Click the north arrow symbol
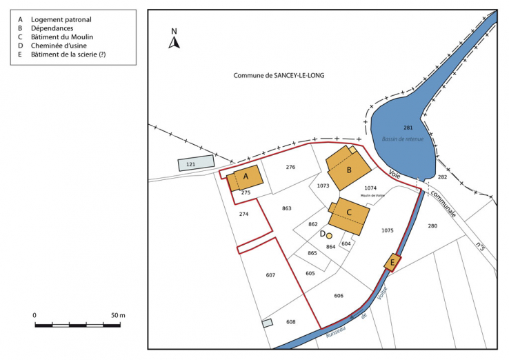click(174, 41)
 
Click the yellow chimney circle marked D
click(330, 236)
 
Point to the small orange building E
click(393, 262)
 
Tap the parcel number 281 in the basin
click(408, 128)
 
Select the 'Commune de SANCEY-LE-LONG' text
click(279, 76)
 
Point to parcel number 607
click(270, 275)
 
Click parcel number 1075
click(387, 230)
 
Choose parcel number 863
click(287, 208)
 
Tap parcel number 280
click(432, 226)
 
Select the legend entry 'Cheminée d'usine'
click(59, 46)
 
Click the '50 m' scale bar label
click(117, 315)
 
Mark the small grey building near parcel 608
click(268, 323)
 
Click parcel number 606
click(339, 296)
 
